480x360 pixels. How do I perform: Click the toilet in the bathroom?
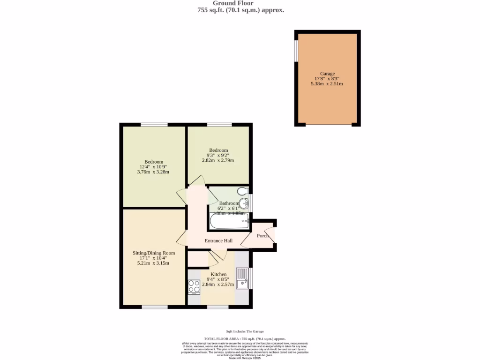[242, 191]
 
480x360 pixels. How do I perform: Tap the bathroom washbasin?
[244, 203]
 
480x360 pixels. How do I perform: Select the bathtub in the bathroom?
[229, 222]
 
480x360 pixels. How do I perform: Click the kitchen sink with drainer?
[242, 278]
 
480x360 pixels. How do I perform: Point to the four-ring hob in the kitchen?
[194, 286]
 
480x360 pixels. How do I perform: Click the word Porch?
[263, 235]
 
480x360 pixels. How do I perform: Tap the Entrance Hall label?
[218, 240]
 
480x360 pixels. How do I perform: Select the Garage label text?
[327, 74]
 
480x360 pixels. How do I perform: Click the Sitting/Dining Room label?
[153, 253]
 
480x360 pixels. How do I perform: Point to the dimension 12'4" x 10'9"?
[153, 167]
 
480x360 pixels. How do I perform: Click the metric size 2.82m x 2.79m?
[218, 160]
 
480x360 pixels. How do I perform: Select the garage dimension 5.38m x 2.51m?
[327, 84]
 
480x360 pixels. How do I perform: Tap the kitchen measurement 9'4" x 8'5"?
[218, 279]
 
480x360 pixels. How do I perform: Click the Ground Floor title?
[240, 3]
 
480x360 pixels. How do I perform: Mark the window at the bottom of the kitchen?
[218, 307]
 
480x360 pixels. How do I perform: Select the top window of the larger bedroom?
[154, 125]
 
